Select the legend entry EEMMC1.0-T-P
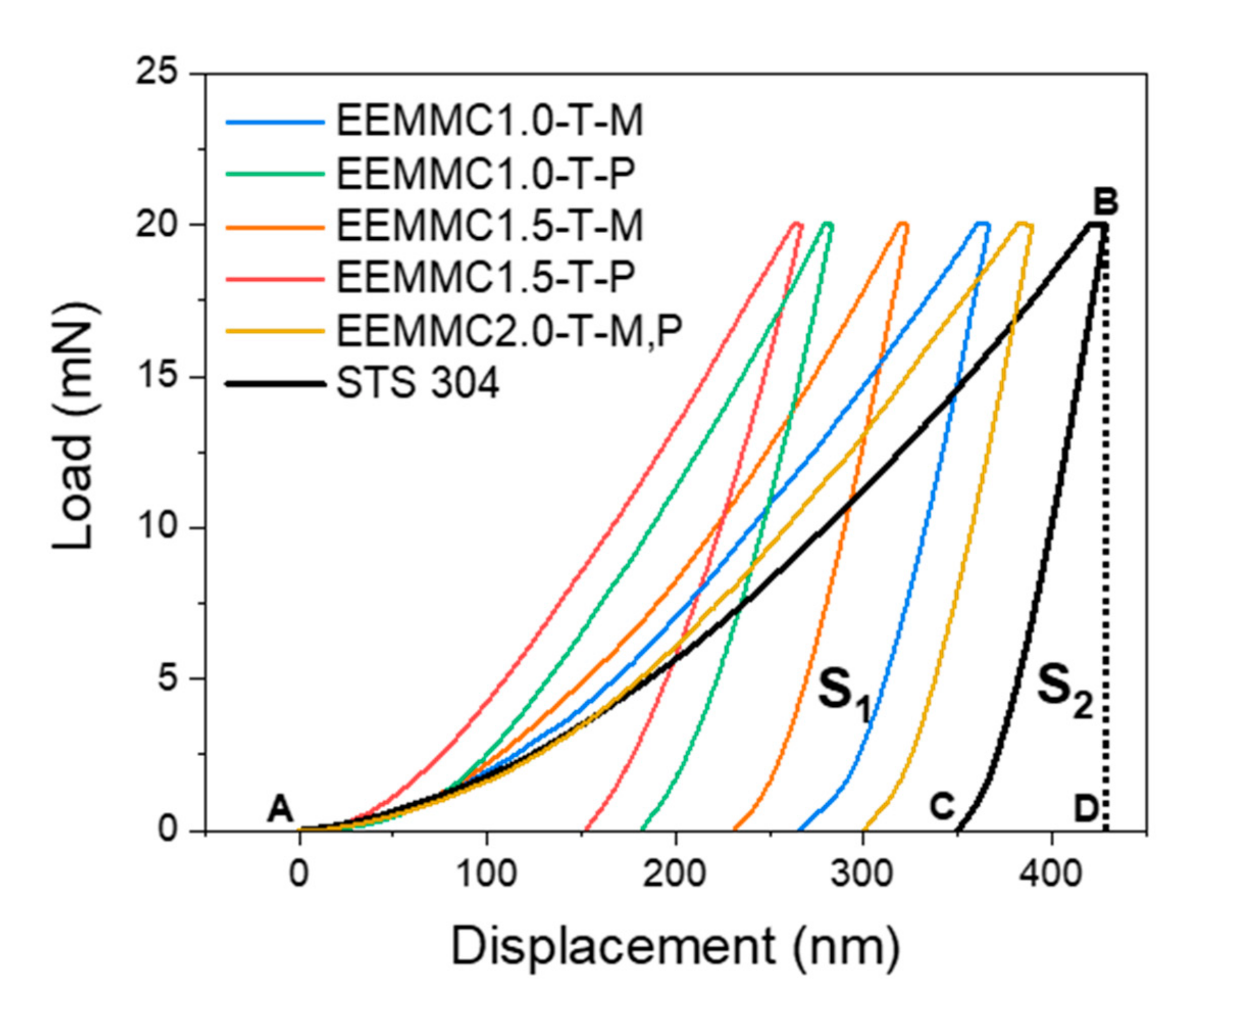(x=485, y=174)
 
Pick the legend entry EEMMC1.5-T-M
(x=489, y=226)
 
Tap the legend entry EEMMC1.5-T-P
(x=485, y=278)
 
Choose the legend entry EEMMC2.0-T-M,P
(x=509, y=331)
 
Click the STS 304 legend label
(x=418, y=383)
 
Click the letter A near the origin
(x=279, y=810)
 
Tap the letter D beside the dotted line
(x=1086, y=810)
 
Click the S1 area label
(x=844, y=692)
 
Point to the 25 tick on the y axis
(x=156, y=75)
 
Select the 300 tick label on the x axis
(x=861, y=874)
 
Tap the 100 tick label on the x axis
(x=486, y=874)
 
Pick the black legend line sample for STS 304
(x=275, y=384)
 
